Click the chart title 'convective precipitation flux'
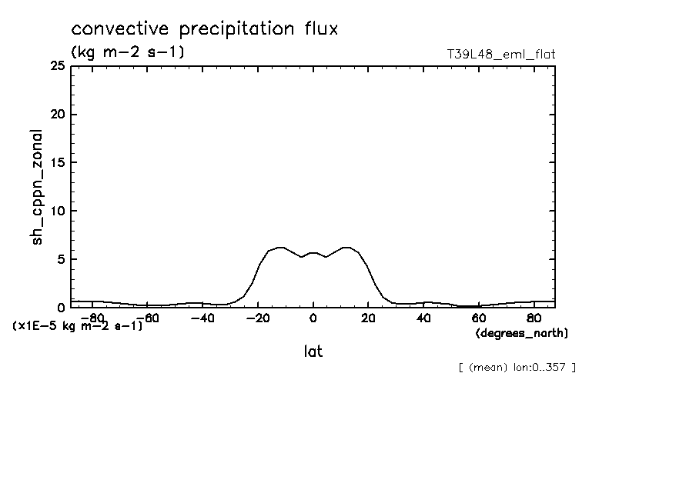205,30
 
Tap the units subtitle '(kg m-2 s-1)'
127,52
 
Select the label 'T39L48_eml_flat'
501,55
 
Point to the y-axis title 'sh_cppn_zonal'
36,187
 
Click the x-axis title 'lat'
313,351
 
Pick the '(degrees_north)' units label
522,332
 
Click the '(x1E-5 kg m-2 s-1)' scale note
78,326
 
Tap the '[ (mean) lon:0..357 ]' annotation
517,367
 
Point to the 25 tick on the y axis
57,67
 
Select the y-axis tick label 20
57,115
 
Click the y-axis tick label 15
57,163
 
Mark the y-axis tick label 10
57,211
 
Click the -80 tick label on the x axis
92,318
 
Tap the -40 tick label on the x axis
202,318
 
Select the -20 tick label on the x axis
257,318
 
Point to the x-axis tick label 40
423,318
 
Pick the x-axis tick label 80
534,318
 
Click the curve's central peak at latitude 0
313,252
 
